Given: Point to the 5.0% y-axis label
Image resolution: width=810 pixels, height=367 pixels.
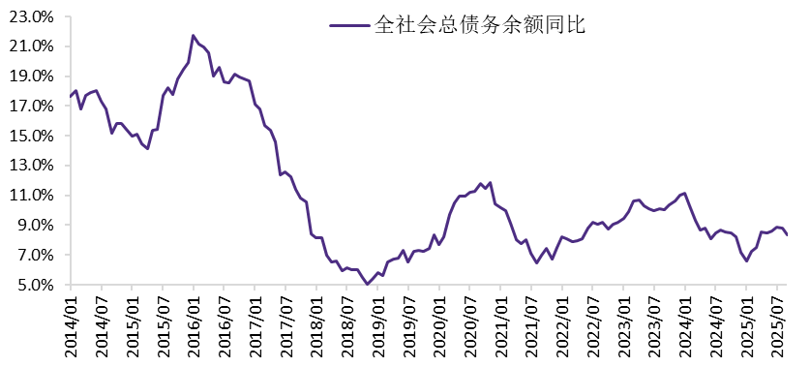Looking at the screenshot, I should pos(35,285).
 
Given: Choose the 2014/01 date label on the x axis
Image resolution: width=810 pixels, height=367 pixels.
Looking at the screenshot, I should pos(71,324).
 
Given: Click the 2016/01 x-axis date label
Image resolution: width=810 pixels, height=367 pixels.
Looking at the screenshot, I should pos(194,324).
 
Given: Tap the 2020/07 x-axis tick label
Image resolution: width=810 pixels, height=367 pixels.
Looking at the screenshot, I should pos(469,324).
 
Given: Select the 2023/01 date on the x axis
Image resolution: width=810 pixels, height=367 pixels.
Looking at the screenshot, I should pos(622,324).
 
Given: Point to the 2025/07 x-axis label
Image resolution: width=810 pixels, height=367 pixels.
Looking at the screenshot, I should pos(776,324).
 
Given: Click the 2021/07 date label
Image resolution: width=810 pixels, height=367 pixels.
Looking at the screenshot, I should pos(530,324).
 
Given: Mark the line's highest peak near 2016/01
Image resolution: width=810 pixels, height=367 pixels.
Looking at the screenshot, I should pos(194,36).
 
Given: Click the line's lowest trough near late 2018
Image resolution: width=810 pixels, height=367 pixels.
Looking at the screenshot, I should pos(367,284).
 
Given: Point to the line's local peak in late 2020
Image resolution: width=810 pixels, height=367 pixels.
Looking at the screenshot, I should pos(491,182).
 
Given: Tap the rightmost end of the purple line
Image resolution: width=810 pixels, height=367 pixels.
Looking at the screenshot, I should pos(788,234).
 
